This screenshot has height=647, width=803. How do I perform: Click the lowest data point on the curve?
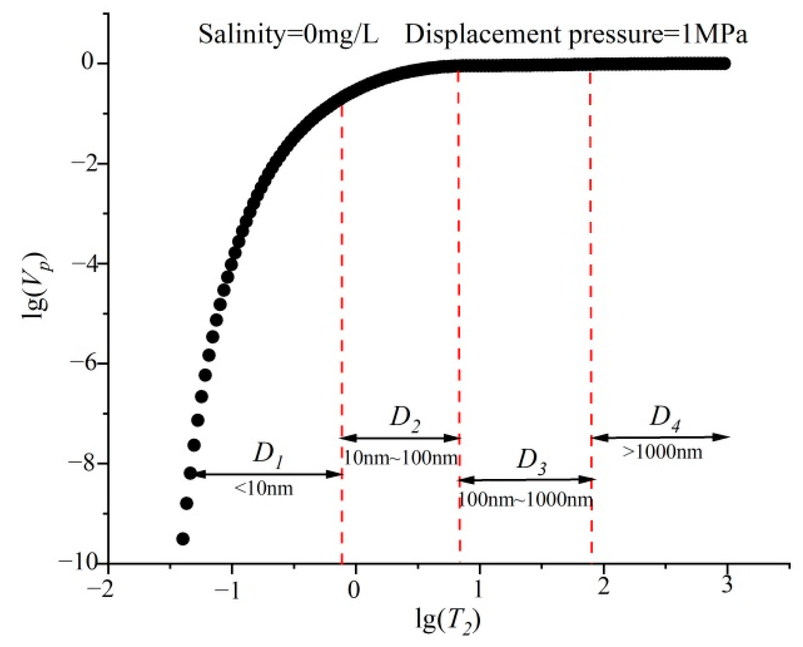tap(183, 539)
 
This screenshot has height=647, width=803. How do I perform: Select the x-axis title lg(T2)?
tap(448, 620)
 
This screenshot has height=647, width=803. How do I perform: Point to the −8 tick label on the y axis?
tap(83, 462)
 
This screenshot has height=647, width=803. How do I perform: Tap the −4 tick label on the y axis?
tap(83, 263)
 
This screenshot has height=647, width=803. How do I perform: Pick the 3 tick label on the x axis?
tap(726, 585)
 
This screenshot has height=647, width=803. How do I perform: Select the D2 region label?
tap(405, 418)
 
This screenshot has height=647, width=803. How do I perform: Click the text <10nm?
tap(264, 489)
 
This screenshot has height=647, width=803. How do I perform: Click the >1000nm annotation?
tap(663, 452)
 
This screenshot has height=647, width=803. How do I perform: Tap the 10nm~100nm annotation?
tap(401, 458)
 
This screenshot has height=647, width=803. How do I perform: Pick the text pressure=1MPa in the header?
tap(658, 34)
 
